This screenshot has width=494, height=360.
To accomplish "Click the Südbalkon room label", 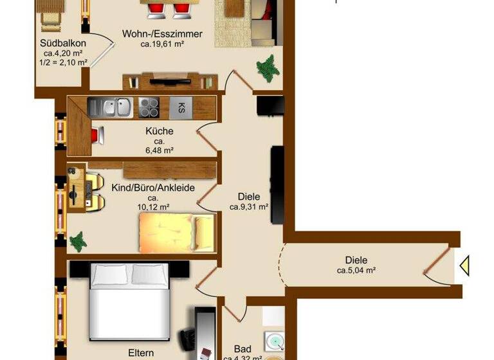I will click(60, 44).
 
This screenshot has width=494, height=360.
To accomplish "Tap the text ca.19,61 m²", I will click(162, 44).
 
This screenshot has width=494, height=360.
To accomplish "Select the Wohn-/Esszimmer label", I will click(162, 34).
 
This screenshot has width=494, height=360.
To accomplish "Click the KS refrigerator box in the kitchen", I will click(181, 107).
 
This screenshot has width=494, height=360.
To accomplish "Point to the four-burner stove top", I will click(149, 107).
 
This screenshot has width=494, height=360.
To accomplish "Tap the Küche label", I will click(159, 131).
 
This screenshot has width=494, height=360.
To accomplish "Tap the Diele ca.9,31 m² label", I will click(248, 202).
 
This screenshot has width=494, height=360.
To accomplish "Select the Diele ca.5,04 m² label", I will click(356, 265).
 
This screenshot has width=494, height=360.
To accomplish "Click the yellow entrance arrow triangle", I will click(464, 265).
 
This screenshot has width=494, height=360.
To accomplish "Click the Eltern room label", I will click(141, 353).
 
